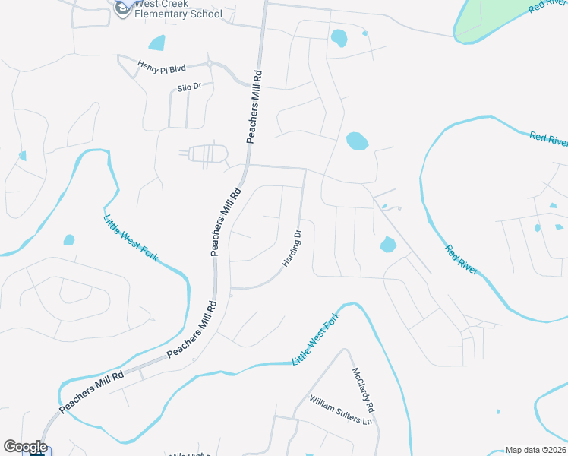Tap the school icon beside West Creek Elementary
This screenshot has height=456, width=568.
click(x=122, y=8)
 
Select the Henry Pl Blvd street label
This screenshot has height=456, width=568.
click(x=162, y=68)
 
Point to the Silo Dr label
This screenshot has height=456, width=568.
click(x=189, y=87)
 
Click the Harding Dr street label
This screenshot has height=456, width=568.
click(x=292, y=248)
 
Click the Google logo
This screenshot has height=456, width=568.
click(x=25, y=447)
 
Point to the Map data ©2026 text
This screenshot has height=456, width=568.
click(x=536, y=450)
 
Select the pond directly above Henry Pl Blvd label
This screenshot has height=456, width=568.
click(x=157, y=43)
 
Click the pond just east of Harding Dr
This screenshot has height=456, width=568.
click(x=388, y=245)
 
